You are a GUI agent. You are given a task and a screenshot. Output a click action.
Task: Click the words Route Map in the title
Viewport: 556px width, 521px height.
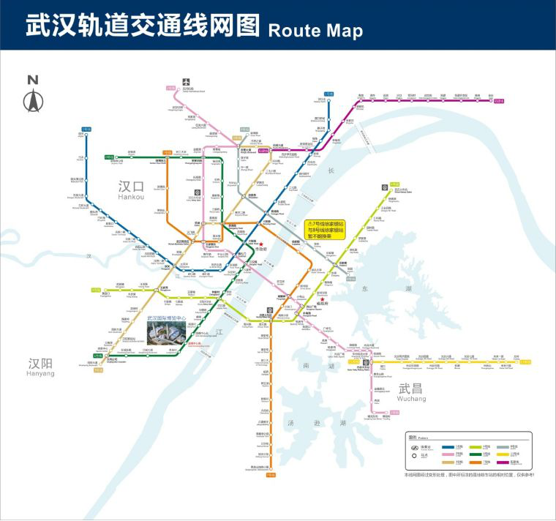pyautogui.click(x=315, y=30)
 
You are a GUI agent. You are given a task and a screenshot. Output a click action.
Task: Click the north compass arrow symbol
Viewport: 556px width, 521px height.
pyautogui.click(x=32, y=100)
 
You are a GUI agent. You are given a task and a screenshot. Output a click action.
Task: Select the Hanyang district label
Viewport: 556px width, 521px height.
pyautogui.click(x=41, y=367)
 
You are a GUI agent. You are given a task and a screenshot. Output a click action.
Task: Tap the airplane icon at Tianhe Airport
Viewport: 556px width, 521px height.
pyautogui.click(x=187, y=82)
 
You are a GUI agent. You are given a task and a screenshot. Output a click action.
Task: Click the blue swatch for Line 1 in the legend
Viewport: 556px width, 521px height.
pyautogui.click(x=446, y=446)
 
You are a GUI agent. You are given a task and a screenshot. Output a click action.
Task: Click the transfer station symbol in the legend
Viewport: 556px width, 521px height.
pyautogui.click(x=413, y=447)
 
